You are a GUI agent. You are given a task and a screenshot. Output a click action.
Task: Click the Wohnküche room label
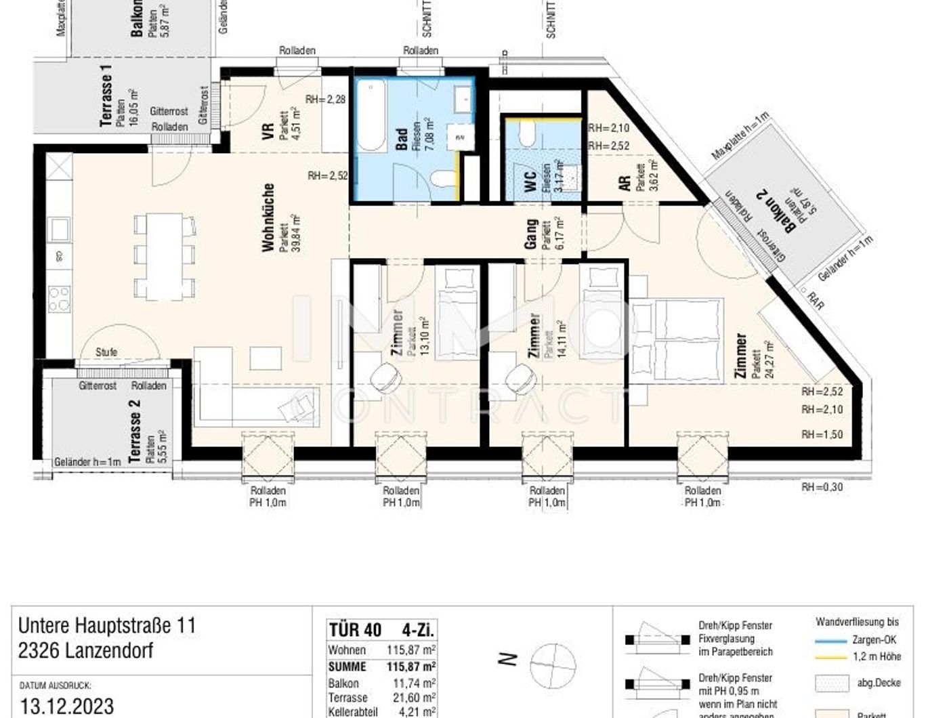tap(269, 217)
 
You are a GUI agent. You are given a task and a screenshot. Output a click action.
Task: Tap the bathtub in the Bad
tap(371, 117)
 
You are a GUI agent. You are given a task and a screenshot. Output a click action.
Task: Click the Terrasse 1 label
tap(106, 99)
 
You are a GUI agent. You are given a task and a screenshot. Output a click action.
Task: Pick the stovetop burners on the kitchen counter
tap(59, 298)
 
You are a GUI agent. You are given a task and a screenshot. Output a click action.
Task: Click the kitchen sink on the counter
tap(58, 230)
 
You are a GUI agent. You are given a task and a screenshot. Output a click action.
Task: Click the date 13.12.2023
tap(67, 706)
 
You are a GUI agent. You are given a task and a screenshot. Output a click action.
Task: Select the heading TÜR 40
tap(355, 629)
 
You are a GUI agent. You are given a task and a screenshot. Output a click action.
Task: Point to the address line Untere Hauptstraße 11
tap(107, 625)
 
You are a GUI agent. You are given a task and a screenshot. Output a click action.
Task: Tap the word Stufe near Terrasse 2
tap(106, 352)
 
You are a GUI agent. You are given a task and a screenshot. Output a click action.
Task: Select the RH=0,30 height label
tap(822, 486)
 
